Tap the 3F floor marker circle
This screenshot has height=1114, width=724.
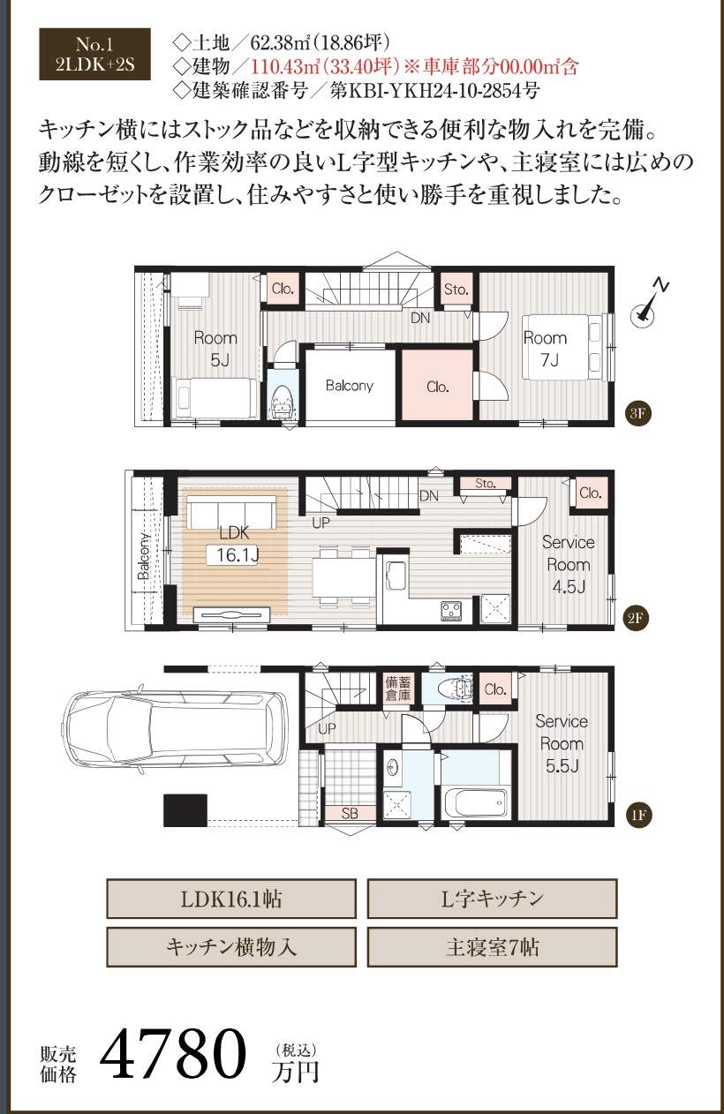[637, 414]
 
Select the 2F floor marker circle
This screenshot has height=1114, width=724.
[636, 618]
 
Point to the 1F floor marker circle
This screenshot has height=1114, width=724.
[638, 815]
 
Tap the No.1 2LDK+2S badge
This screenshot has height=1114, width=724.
[94, 54]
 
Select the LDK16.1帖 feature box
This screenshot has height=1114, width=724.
[231, 899]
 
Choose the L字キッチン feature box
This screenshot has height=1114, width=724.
[492, 899]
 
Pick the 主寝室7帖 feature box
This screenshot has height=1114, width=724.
[492, 947]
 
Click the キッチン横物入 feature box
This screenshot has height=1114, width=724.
[231, 947]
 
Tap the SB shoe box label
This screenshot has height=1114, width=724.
[350, 813]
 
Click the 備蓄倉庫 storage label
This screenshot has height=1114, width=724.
[397, 689]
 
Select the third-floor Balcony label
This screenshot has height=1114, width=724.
[350, 386]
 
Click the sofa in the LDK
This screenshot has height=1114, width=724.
[232, 512]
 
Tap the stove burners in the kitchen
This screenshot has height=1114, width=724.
[451, 610]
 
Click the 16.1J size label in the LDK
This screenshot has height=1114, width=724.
[237, 555]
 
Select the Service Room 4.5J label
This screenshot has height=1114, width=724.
[569, 564]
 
